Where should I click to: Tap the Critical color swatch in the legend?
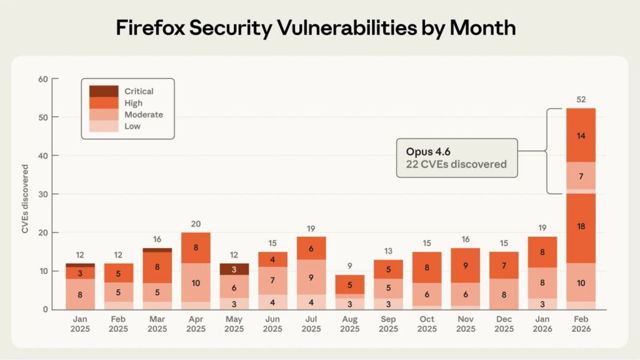click(x=104, y=91)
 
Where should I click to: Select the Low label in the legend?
click(x=132, y=126)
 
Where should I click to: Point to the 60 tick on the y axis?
click(x=42, y=79)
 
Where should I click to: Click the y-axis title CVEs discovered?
click(x=26, y=199)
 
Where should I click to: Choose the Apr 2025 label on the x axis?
click(x=196, y=324)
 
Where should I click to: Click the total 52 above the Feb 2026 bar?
click(x=581, y=99)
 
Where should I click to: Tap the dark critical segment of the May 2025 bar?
click(x=234, y=269)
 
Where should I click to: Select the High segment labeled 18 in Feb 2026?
click(x=581, y=226)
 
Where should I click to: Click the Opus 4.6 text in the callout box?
click(x=429, y=152)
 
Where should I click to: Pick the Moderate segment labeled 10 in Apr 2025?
click(x=196, y=282)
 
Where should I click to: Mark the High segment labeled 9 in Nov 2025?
click(x=465, y=265)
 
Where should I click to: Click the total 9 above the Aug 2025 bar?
click(x=349, y=266)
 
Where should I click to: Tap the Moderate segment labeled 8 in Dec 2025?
click(x=504, y=294)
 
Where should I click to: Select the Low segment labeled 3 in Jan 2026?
click(x=542, y=304)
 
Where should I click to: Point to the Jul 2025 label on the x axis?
click(x=311, y=324)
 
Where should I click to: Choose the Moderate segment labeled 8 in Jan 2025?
click(x=80, y=294)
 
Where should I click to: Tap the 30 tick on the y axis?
click(x=42, y=194)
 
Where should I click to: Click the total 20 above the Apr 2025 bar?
click(x=196, y=224)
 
